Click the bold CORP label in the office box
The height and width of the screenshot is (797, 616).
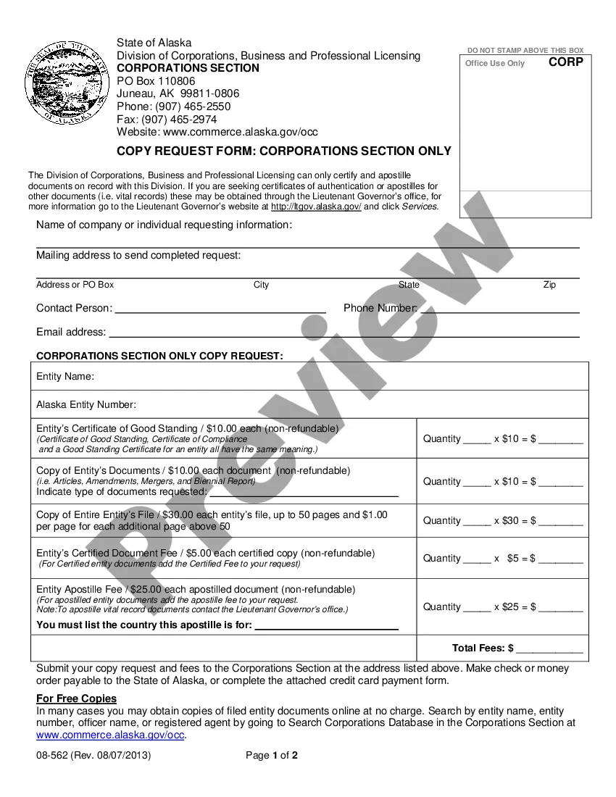click(565, 62)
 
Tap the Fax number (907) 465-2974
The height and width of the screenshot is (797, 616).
click(167, 120)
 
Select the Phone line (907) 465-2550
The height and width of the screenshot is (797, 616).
click(174, 107)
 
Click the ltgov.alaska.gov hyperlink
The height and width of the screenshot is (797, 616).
click(316, 206)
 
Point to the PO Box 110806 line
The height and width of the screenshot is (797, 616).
click(156, 81)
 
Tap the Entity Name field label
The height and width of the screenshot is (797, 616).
click(65, 377)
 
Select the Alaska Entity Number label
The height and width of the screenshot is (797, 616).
click(86, 404)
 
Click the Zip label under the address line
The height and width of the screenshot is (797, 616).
click(549, 285)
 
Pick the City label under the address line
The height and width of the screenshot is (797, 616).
click(261, 285)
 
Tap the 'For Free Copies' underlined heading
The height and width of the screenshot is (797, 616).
click(76, 698)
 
